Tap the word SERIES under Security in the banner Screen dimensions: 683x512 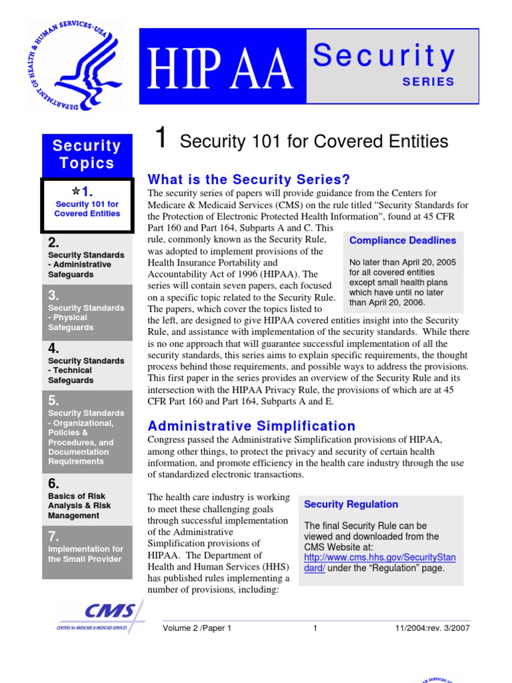428,82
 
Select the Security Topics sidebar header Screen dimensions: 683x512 87,155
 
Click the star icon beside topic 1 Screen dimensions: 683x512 75,191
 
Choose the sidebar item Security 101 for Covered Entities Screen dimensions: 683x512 87,209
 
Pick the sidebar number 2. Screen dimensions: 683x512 54,243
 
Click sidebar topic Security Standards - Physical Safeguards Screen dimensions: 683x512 86,317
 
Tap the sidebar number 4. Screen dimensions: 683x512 54,348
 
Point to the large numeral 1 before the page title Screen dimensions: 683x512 160,139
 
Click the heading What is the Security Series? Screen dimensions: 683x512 249,179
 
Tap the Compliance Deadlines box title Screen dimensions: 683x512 403,241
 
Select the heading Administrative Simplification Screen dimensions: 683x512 251,426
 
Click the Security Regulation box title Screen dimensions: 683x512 351,504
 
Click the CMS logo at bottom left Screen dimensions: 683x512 100,616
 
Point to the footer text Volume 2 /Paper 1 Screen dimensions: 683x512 197,628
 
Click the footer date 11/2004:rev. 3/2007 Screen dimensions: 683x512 432,628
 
